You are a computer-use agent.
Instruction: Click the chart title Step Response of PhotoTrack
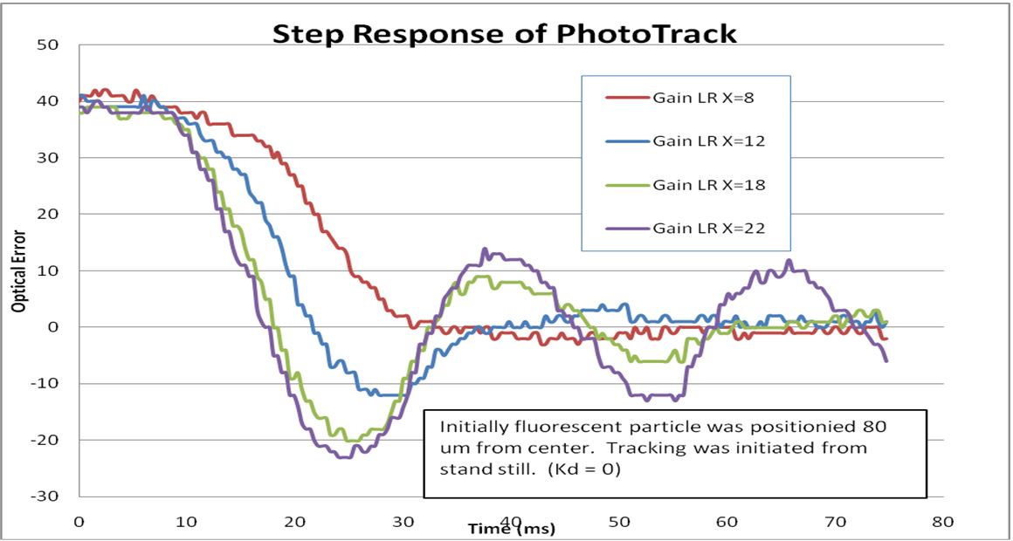point(505,33)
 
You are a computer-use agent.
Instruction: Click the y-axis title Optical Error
point(17,270)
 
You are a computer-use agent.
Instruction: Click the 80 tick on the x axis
point(942,522)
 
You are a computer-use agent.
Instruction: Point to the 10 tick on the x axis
point(187,522)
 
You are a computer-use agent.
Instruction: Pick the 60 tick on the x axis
point(727,522)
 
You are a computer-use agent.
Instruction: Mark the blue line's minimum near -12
point(384,395)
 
